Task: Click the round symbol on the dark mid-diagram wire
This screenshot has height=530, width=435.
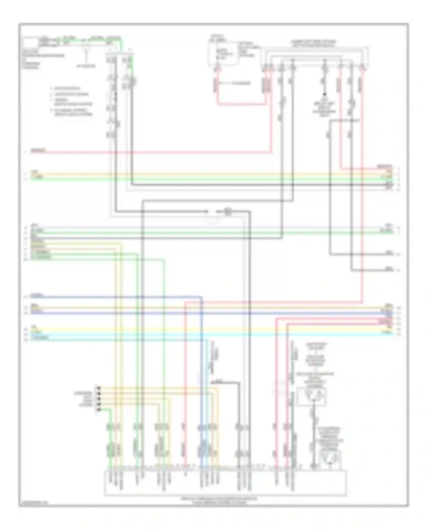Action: pos(228,211)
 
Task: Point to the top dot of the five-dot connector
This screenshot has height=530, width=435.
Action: pos(99,387)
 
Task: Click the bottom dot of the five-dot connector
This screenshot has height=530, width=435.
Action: pos(99,409)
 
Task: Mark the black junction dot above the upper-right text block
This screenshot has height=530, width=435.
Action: pos(324,95)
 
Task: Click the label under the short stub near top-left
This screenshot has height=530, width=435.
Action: pos(86,66)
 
